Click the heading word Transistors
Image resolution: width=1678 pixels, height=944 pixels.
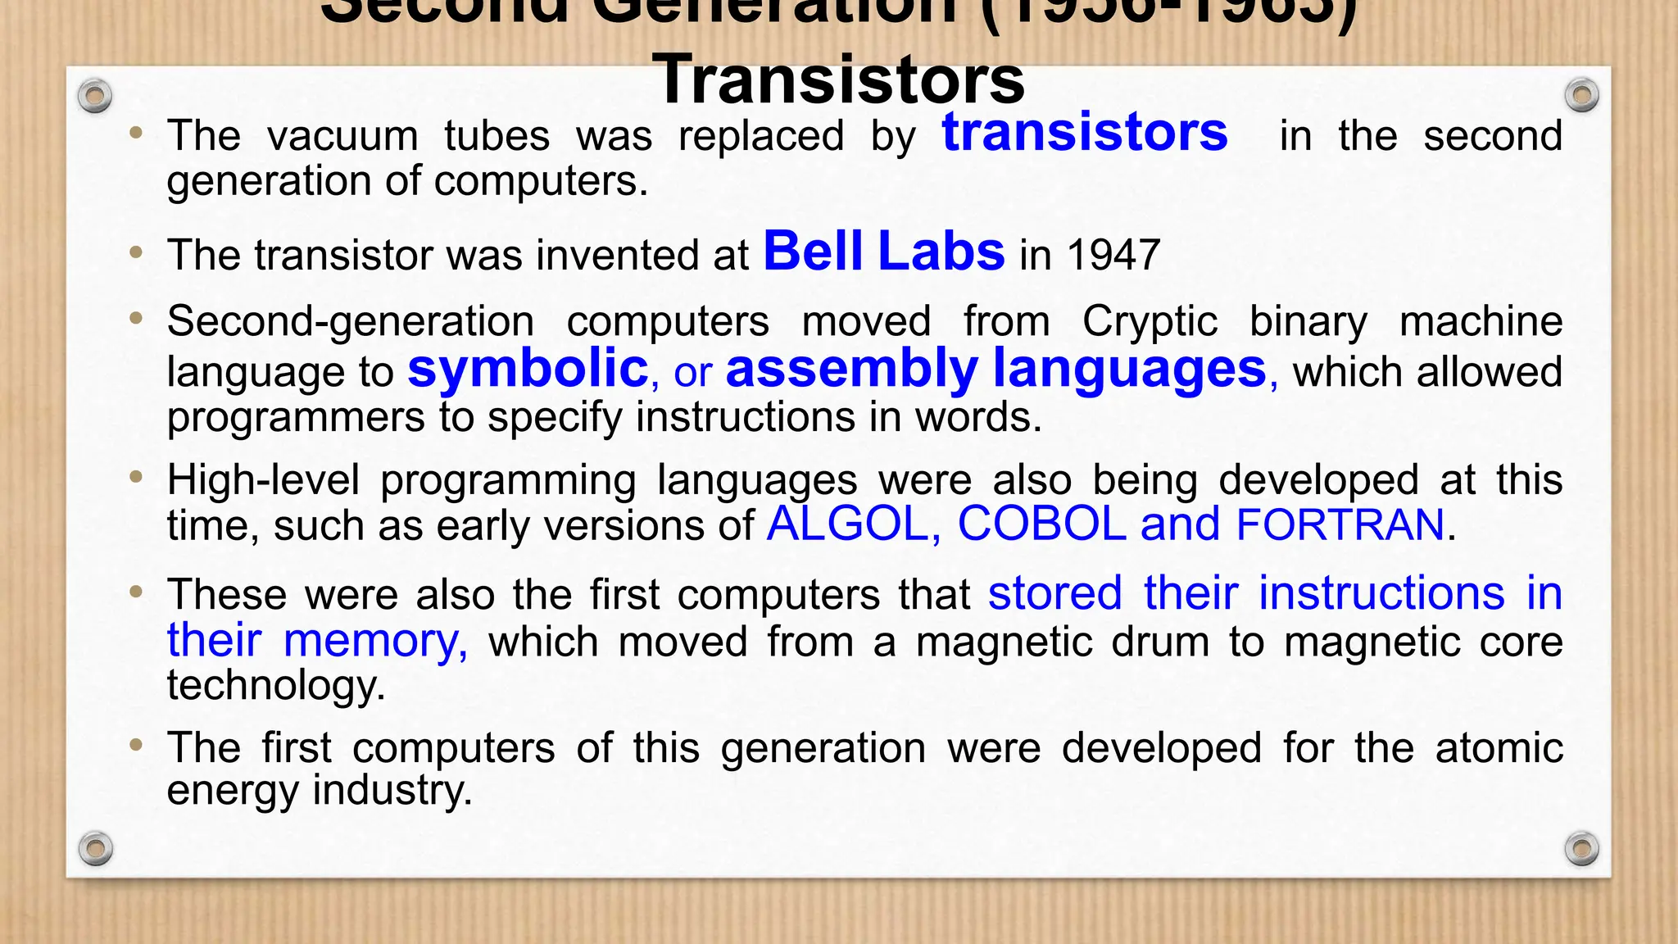pyautogui.click(x=838, y=79)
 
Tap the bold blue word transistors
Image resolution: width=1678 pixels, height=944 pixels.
pyautogui.click(x=1085, y=132)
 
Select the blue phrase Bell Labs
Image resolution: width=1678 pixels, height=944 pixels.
pyautogui.click(x=884, y=251)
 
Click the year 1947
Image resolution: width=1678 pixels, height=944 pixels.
pyautogui.click(x=1114, y=255)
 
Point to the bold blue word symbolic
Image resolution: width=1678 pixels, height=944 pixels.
pyautogui.click(x=528, y=368)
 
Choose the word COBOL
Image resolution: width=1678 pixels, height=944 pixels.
pyautogui.click(x=1041, y=524)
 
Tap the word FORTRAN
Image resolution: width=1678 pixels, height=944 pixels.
pyautogui.click(x=1340, y=524)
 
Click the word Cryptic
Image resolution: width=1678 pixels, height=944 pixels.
pyautogui.click(x=1150, y=321)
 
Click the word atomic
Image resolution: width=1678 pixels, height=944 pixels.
pyautogui.click(x=1499, y=748)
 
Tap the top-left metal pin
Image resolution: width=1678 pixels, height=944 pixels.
pyautogui.click(x=95, y=97)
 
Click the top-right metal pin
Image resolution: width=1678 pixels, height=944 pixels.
pyautogui.click(x=1581, y=95)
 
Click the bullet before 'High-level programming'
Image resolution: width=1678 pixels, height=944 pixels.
pyautogui.click(x=137, y=477)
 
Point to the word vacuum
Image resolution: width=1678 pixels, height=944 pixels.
pyautogui.click(x=342, y=136)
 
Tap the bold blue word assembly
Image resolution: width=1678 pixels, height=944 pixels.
pyautogui.click(x=851, y=368)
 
